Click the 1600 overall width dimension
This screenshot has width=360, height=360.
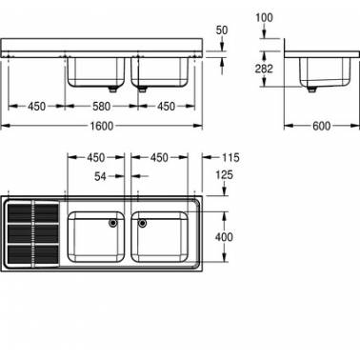[x=102, y=126]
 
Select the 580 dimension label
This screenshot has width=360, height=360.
[x=101, y=107]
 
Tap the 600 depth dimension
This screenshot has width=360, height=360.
[x=321, y=126]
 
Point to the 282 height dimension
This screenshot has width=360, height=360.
[x=264, y=69]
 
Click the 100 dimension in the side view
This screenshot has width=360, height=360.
[x=264, y=18]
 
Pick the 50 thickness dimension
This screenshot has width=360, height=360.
[x=222, y=30]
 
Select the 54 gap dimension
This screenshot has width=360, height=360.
[x=100, y=176]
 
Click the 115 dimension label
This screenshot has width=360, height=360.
[x=230, y=157]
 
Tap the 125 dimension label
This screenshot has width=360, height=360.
[x=224, y=174]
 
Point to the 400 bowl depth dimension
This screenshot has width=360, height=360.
[x=224, y=237]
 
